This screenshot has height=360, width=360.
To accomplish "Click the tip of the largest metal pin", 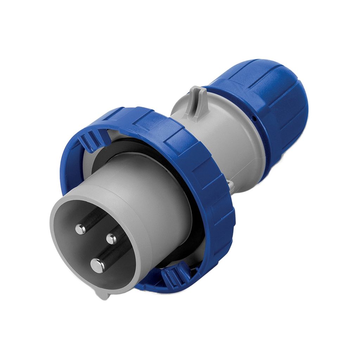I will [x=98, y=265].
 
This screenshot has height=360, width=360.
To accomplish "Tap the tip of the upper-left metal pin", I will [x=81, y=229].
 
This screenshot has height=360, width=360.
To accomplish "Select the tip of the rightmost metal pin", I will [x=111, y=239].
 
